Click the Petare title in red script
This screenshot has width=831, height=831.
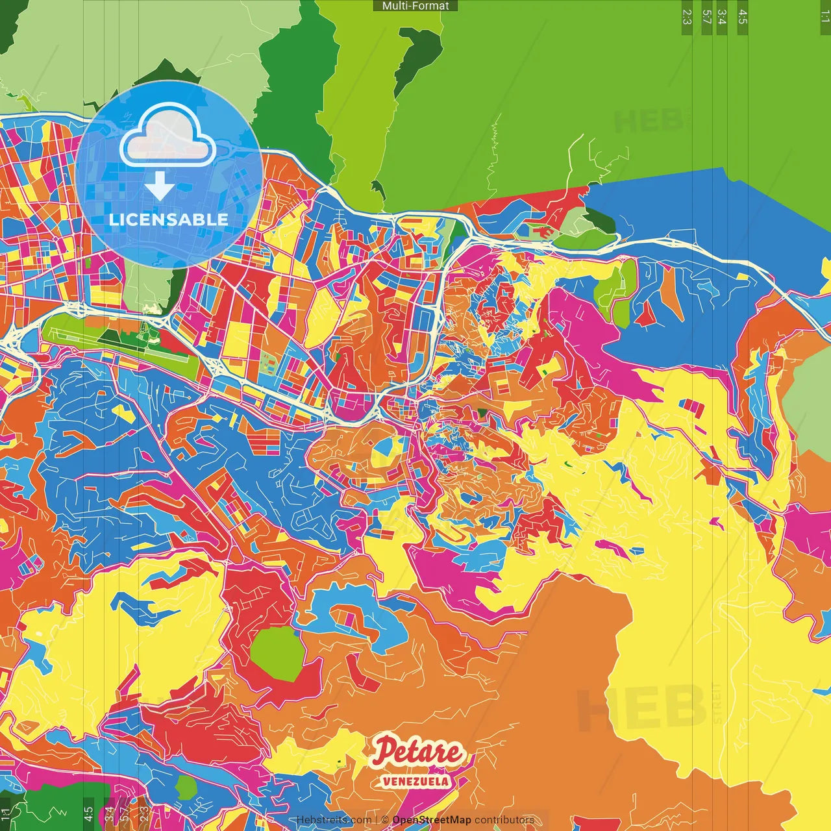tap(418, 752)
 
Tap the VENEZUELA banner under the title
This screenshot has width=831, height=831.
tap(415, 781)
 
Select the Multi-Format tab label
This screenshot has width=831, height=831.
tap(415, 6)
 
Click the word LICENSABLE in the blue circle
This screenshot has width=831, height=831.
tap(169, 219)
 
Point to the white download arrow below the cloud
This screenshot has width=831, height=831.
tap(159, 187)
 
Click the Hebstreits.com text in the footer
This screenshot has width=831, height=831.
tap(334, 820)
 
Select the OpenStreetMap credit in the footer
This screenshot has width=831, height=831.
tap(431, 820)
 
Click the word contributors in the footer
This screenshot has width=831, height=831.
tap(504, 820)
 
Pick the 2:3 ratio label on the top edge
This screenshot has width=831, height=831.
tap(687, 17)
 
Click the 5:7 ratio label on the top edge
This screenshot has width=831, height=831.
tap(706, 17)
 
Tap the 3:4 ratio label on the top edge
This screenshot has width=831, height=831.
tap(722, 17)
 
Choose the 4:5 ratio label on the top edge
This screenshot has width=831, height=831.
tap(742, 17)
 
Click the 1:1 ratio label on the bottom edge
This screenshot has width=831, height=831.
tap(6, 813)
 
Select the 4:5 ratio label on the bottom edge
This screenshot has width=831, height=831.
tap(88, 813)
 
